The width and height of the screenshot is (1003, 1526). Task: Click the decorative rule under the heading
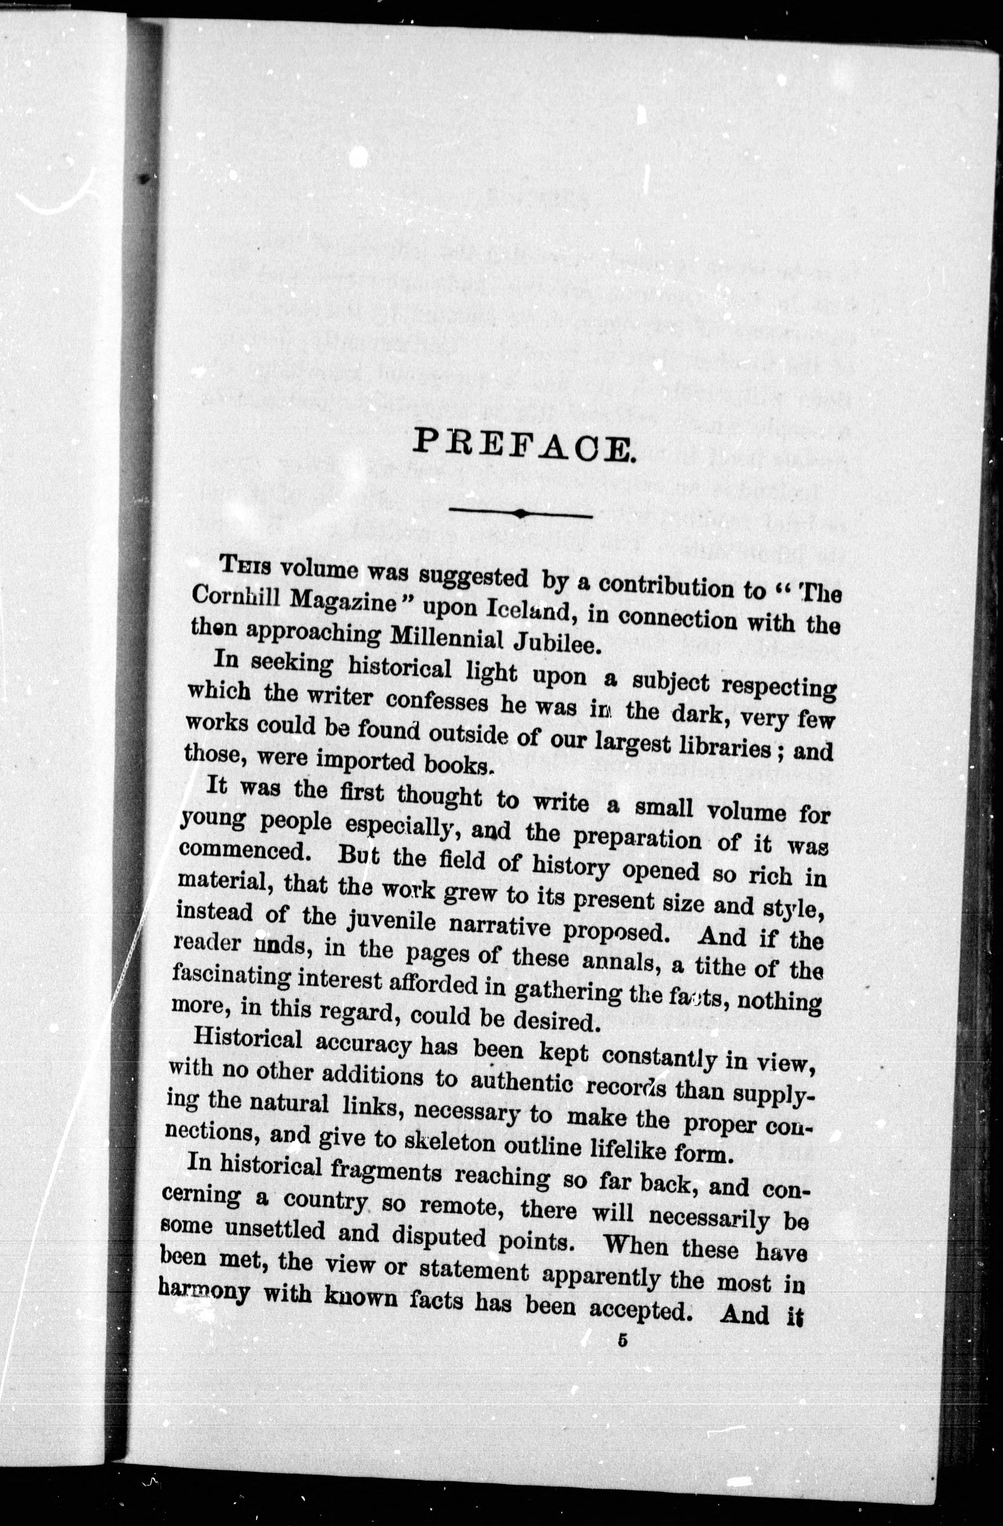521,513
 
